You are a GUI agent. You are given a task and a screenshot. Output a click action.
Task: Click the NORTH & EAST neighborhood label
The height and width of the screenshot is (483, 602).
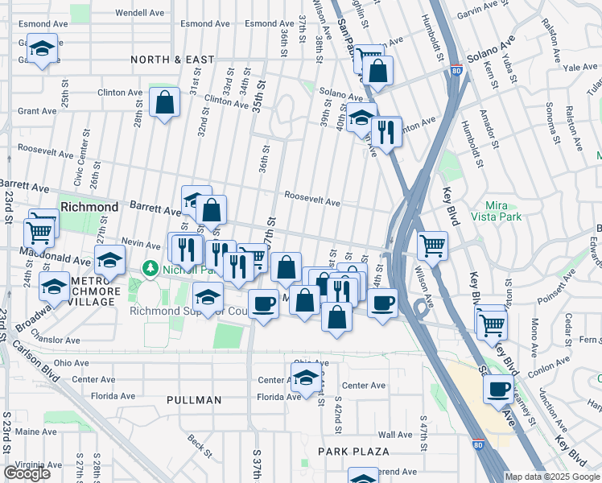175,60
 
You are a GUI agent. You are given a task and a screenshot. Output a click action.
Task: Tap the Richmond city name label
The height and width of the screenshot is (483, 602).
89,207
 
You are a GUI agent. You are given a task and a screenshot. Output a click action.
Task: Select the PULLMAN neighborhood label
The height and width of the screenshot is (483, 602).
194,400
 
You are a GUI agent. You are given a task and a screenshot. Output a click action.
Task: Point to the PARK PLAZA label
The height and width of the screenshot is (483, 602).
353,452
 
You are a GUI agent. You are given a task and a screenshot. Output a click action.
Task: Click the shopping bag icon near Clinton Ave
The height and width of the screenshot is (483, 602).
164,103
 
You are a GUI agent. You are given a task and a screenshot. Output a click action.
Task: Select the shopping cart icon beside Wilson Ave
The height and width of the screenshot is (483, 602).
433,245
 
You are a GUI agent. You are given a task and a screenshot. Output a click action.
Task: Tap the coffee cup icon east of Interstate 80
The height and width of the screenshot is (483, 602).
499,390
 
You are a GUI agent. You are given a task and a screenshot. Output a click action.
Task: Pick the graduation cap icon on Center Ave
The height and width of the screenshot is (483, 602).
307,378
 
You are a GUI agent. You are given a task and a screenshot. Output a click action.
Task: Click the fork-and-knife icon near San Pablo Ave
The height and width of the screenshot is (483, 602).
386,131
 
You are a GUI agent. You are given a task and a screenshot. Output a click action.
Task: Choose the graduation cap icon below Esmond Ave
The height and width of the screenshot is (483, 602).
42,48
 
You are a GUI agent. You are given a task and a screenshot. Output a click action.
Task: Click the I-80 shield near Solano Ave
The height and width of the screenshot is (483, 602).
456,71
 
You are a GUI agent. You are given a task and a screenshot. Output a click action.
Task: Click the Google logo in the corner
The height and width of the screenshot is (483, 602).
27,473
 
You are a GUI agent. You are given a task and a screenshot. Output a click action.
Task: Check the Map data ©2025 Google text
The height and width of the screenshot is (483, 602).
552,477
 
